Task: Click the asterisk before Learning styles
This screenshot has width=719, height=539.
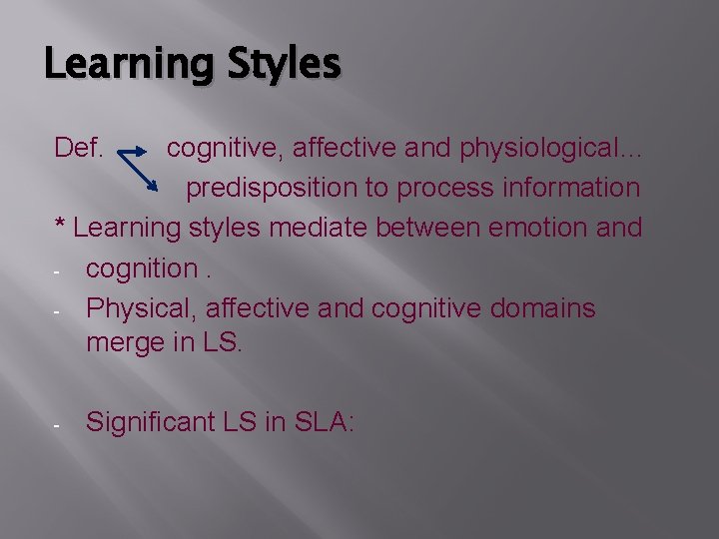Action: click(60, 226)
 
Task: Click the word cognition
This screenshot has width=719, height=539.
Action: click(142, 269)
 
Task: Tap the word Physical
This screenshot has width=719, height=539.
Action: click(141, 308)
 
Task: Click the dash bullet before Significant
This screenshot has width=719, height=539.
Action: click(58, 424)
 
